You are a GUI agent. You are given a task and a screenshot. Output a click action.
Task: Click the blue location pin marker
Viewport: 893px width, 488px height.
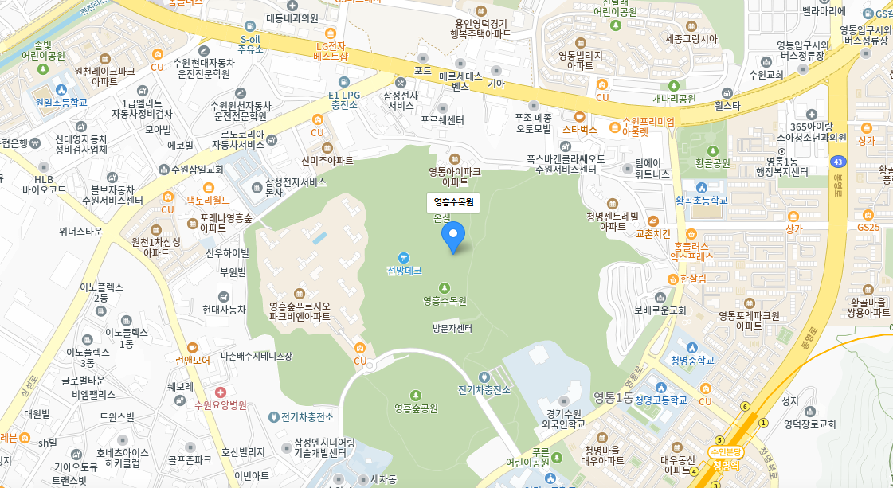[453, 237]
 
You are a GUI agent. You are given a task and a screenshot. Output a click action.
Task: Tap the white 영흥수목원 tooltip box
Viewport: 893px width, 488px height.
[453, 203]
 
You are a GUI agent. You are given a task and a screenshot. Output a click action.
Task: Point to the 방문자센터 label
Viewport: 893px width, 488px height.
[452, 328]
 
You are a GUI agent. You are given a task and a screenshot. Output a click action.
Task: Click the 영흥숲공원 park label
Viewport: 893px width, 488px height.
[416, 408]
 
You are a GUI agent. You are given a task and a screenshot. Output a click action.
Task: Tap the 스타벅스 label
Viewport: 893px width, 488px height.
[579, 129]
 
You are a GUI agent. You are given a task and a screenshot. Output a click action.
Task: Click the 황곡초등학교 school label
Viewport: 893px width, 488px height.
[701, 200]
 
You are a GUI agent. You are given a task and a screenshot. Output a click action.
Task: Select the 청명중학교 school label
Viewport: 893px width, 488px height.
[691, 360]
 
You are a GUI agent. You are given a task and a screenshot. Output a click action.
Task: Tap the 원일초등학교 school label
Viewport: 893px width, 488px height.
[61, 103]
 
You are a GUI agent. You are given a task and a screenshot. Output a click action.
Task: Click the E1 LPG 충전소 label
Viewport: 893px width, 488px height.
[344, 100]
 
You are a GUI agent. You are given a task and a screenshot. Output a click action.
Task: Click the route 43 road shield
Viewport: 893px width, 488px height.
[837, 162]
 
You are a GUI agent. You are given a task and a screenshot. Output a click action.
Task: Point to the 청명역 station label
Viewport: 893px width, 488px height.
[726, 465]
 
